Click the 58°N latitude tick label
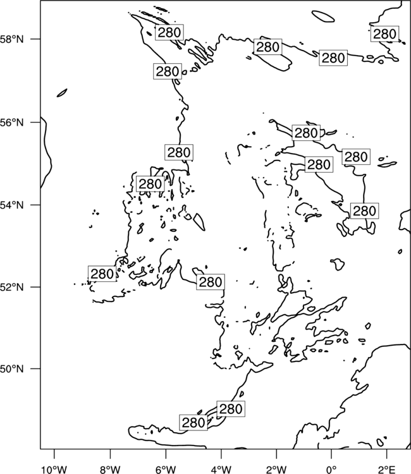click(12, 39)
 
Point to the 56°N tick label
click(12, 123)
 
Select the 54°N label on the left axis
click(12, 205)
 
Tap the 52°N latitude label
click(12, 287)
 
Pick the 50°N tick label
click(12, 369)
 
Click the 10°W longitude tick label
click(54, 470)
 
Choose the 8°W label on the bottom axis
click(110, 470)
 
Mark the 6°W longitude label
click(166, 470)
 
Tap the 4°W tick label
click(221, 470)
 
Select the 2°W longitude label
click(276, 470)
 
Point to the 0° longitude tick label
click(331, 470)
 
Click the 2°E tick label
click(387, 470)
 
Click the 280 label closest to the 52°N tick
click(102, 274)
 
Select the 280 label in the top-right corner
click(384, 34)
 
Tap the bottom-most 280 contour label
click(193, 423)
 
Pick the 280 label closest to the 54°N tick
click(150, 184)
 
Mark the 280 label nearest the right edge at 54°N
click(365, 211)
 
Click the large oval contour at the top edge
click(323, 16)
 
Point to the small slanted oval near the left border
click(62, 93)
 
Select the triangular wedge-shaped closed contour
click(199, 222)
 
